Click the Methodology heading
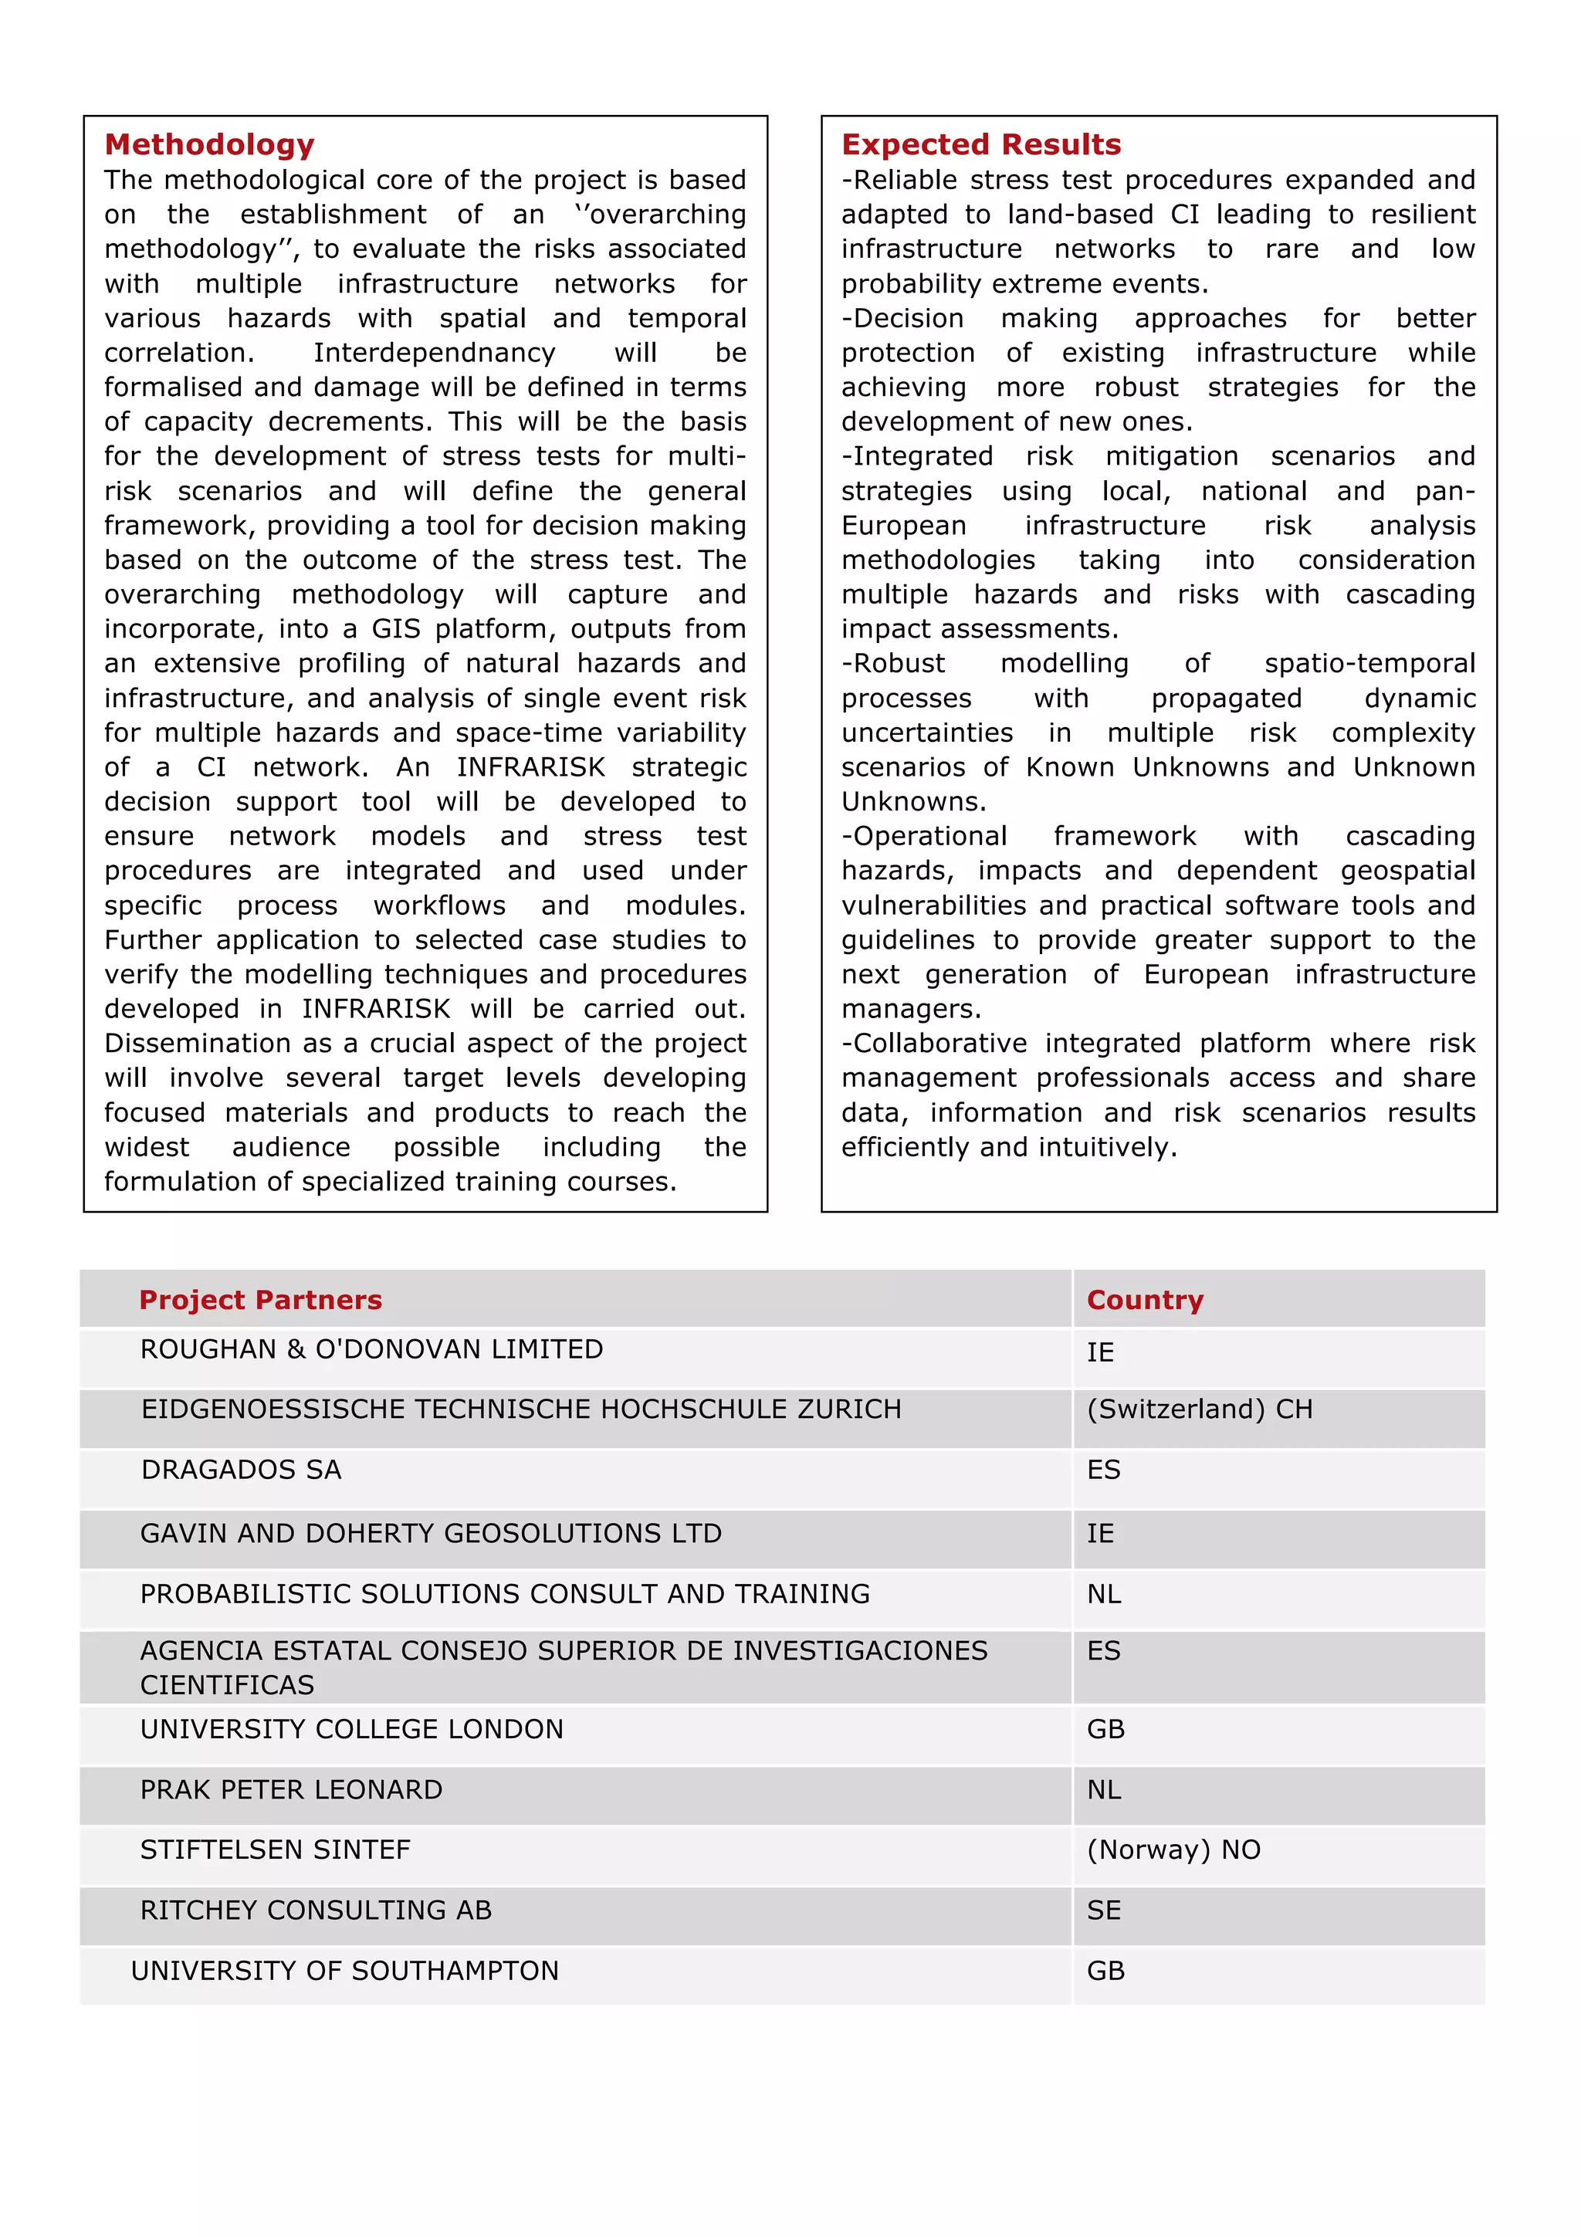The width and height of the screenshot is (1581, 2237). click(x=209, y=144)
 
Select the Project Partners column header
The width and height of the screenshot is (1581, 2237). click(x=260, y=1299)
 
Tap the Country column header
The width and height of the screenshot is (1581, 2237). click(x=1145, y=1299)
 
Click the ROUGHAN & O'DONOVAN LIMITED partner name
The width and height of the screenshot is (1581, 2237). click(x=371, y=1349)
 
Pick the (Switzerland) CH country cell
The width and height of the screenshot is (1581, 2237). click(x=1199, y=1409)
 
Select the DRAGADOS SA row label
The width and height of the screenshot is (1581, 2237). click(x=241, y=1469)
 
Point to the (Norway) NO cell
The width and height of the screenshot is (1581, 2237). click(x=1173, y=1850)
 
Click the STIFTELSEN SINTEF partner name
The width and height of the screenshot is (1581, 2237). click(x=275, y=1850)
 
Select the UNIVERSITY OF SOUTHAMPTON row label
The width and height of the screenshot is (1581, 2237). click(x=345, y=1970)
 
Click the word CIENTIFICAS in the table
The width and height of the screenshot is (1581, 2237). click(x=227, y=1684)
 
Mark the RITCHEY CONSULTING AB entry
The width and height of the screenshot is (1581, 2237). click(x=316, y=1910)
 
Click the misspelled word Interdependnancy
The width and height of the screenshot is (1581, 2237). click(x=434, y=353)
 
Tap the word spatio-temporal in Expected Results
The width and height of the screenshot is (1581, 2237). click(x=1369, y=664)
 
